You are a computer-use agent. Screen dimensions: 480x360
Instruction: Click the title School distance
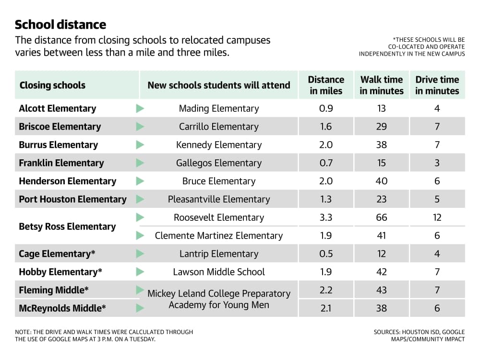[x=60, y=24]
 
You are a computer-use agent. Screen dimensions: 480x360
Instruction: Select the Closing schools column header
[x=52, y=85]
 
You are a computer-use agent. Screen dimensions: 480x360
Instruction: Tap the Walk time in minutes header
[x=382, y=85]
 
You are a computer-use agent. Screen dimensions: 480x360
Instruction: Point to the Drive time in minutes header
[x=437, y=85]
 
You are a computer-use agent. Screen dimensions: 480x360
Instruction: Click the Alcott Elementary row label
[x=58, y=108]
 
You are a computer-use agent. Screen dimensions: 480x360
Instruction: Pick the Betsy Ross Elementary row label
[x=67, y=227]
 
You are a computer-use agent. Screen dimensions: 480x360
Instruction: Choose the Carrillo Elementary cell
[x=219, y=126]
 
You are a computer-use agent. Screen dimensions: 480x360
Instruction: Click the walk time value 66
[x=382, y=217]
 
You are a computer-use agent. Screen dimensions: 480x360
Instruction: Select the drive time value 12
[x=437, y=217]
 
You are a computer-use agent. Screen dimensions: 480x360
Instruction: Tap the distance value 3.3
[x=326, y=217]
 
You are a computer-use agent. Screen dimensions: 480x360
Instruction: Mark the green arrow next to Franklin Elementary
[x=140, y=163]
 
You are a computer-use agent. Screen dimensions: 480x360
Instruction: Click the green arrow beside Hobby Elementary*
[x=140, y=272]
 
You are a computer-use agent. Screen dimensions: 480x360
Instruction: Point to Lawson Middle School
[x=219, y=272]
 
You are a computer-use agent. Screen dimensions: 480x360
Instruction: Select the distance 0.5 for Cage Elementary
[x=326, y=254]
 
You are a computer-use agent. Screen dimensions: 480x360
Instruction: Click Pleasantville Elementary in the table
[x=219, y=199]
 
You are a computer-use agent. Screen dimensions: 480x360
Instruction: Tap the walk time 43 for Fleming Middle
[x=382, y=290]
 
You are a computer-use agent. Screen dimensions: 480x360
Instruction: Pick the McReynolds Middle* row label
[x=62, y=308]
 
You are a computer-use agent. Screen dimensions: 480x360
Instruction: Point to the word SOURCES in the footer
[x=387, y=332]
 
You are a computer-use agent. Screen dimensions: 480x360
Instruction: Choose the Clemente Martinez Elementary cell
[x=219, y=236]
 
